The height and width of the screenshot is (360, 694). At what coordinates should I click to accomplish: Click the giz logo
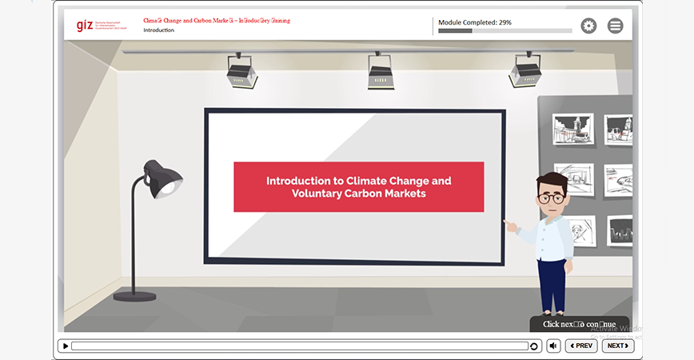click(85, 25)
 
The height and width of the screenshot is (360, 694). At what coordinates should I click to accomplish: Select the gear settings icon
click(588, 26)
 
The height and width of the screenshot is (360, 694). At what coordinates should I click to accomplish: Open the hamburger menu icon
click(615, 26)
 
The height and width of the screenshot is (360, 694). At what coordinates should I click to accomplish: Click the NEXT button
click(617, 346)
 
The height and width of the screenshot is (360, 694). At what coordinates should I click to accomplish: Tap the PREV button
click(581, 346)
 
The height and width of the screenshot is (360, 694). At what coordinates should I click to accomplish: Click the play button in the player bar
click(66, 346)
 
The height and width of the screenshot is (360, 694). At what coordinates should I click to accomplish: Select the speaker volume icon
click(553, 346)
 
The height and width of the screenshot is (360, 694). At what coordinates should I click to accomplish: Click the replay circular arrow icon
click(534, 346)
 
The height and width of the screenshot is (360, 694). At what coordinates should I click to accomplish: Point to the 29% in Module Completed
click(505, 22)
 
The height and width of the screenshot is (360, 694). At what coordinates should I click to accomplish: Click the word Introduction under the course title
click(158, 30)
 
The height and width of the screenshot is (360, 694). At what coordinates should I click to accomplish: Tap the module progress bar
click(505, 31)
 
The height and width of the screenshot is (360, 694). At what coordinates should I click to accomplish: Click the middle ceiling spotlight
click(381, 73)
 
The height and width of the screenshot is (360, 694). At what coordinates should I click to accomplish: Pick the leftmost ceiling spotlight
click(241, 72)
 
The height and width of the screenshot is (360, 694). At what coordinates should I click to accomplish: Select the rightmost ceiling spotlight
click(525, 72)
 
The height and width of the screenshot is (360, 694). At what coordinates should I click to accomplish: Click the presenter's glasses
click(552, 198)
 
